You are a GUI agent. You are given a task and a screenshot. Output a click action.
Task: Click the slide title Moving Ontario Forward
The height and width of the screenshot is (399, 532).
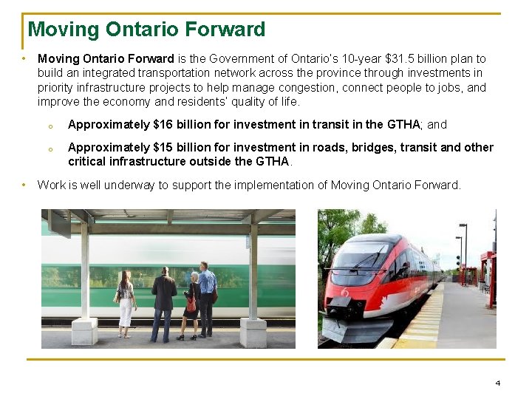[146, 30]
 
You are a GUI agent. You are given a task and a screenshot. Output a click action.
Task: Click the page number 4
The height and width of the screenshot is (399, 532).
[498, 383]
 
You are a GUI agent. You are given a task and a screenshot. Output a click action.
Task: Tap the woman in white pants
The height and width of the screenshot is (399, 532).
[126, 303]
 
